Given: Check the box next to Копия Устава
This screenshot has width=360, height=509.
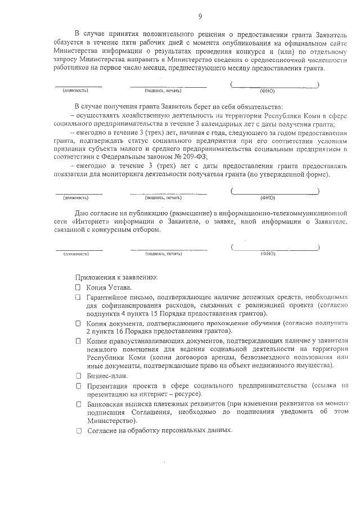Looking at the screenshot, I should (79, 287).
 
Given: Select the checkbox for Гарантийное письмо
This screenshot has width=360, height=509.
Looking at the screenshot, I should (79, 296).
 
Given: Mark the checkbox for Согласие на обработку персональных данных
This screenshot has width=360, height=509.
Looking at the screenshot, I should (79, 430).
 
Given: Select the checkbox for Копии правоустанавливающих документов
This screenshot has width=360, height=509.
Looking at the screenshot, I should (79, 341).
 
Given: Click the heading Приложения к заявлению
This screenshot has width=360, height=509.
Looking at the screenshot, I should (116, 277).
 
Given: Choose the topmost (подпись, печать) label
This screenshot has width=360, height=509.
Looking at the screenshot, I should (163, 90).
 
